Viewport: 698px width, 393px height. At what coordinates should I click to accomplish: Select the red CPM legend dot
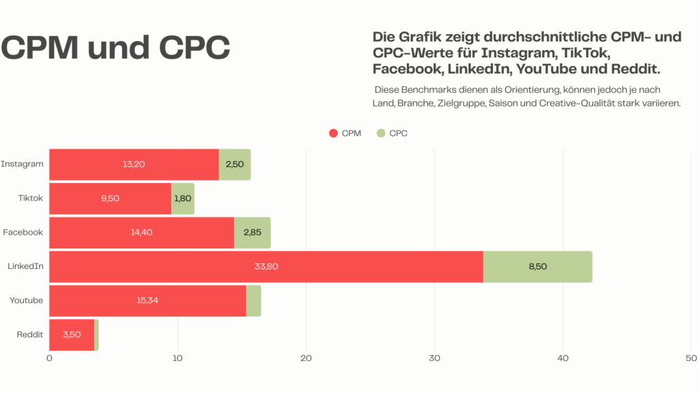click(333, 133)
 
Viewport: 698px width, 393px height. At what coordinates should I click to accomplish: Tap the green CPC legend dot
click(381, 133)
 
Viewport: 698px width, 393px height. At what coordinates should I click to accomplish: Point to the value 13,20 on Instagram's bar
click(134, 164)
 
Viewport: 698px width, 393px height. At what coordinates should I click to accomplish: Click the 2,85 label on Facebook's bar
click(253, 233)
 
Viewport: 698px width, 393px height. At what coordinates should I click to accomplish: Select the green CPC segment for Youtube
click(254, 301)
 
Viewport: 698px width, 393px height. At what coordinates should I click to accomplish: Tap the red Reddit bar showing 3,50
click(72, 335)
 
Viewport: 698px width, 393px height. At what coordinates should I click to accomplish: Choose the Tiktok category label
click(31, 199)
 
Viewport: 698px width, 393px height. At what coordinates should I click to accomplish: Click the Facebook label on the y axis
click(22, 233)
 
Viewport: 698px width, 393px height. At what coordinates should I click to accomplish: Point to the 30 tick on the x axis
click(434, 358)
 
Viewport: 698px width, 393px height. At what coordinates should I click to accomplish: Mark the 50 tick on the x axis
click(691, 358)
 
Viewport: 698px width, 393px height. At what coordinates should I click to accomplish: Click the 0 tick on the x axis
click(49, 358)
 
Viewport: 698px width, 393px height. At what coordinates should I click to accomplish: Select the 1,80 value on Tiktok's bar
click(183, 199)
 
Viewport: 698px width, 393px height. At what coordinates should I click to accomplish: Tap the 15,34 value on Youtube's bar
click(148, 301)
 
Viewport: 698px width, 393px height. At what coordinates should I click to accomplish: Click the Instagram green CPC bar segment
click(234, 164)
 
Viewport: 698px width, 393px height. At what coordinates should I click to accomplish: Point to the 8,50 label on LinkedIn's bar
click(538, 267)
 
